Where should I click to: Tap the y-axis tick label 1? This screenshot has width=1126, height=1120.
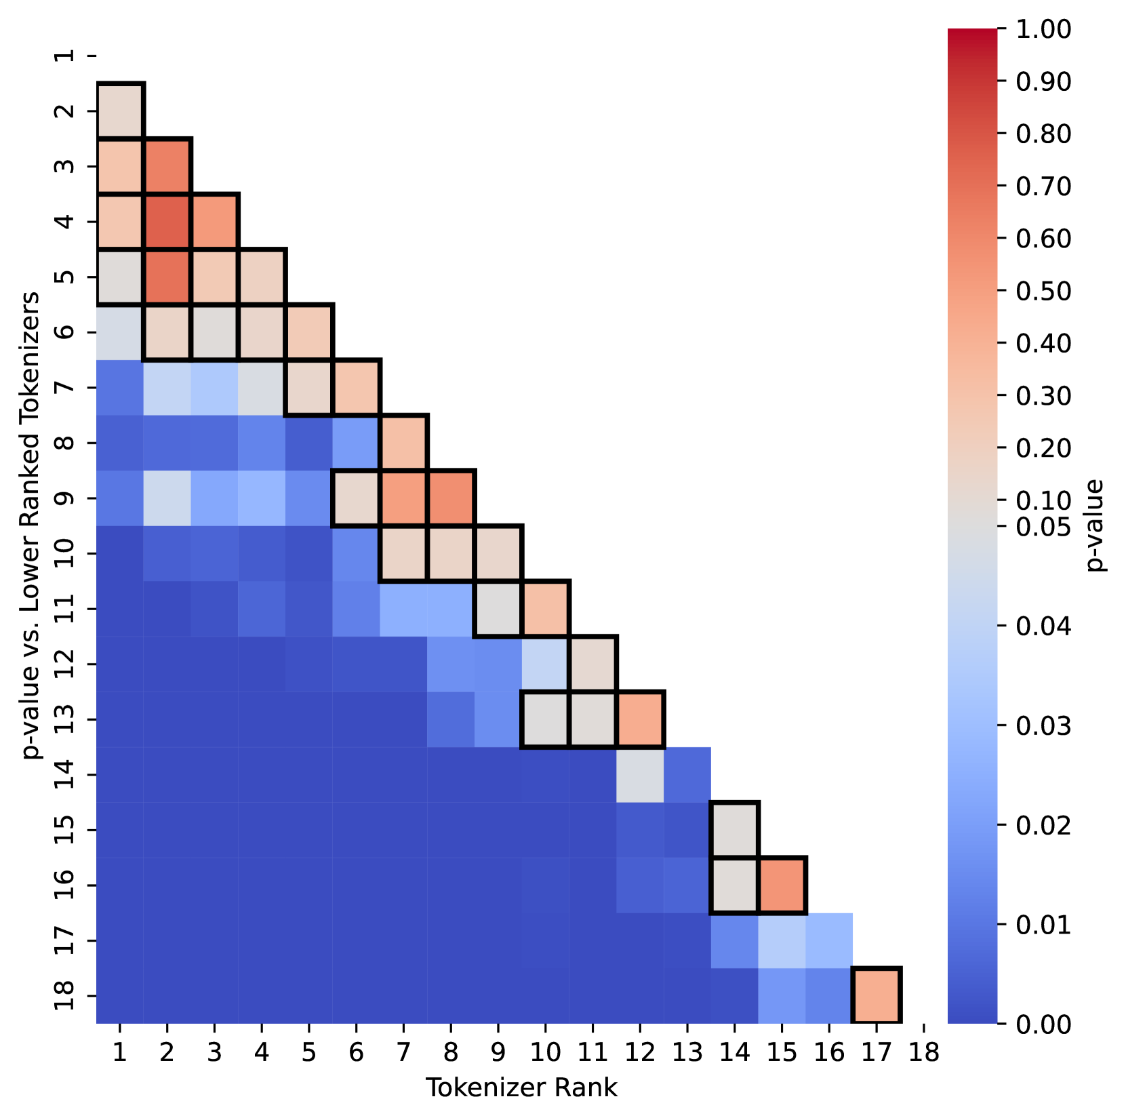pyautogui.click(x=66, y=55)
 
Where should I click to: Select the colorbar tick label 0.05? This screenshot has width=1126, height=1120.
pyautogui.click(x=1044, y=526)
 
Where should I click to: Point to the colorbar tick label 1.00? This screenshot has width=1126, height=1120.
pyautogui.click(x=1044, y=29)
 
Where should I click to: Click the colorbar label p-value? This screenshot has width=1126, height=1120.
pyautogui.click(x=1093, y=525)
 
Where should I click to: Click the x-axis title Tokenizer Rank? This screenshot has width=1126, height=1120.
pyautogui.click(x=521, y=1087)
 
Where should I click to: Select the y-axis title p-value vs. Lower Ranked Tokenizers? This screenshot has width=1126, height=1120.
pyautogui.click(x=30, y=525)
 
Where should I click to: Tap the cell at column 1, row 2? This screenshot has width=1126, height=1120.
pyautogui.click(x=120, y=111)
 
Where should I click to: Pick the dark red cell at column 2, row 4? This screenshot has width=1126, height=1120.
pyautogui.click(x=167, y=221)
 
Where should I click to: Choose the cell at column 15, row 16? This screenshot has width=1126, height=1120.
pyautogui.click(x=782, y=885)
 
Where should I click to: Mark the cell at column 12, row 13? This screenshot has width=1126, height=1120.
pyautogui.click(x=640, y=719)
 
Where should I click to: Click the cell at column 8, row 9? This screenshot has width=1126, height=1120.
pyautogui.click(x=451, y=498)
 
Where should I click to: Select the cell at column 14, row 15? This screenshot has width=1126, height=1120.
pyautogui.click(x=734, y=830)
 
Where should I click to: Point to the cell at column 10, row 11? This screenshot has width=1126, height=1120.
pyautogui.click(x=546, y=609)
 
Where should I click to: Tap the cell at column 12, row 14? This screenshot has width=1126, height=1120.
pyautogui.click(x=640, y=775)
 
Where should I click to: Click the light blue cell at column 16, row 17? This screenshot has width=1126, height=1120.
pyautogui.click(x=829, y=940)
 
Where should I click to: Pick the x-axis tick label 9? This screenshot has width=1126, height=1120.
pyautogui.click(x=498, y=1052)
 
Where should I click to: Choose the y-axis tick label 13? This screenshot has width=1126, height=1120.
pyautogui.click(x=66, y=719)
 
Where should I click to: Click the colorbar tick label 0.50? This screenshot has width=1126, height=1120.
pyautogui.click(x=1044, y=291)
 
